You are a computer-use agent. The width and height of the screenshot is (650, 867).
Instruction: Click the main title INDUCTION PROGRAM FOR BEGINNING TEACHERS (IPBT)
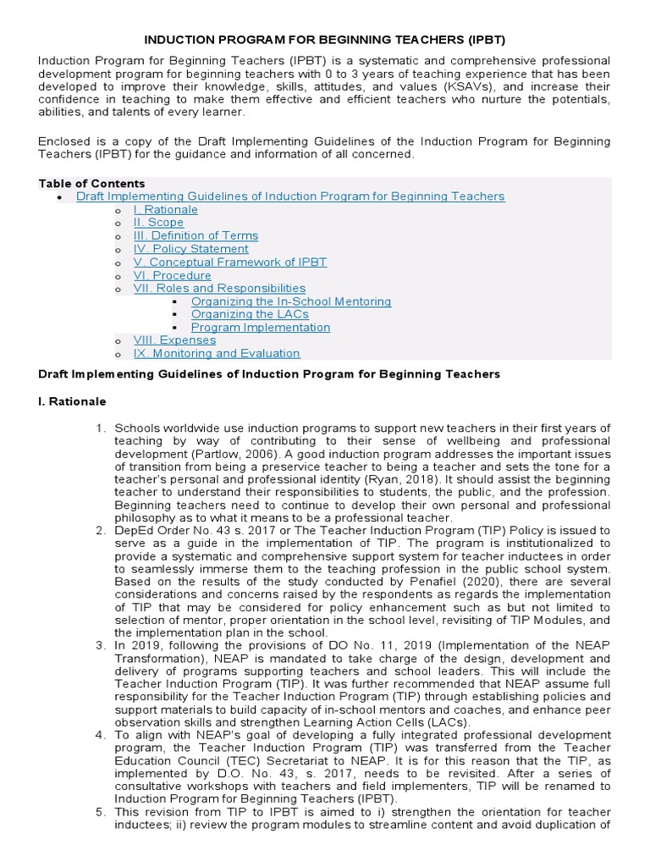325,40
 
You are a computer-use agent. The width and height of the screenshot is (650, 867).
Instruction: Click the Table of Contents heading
91,184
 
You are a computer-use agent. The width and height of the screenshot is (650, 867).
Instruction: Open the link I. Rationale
165,210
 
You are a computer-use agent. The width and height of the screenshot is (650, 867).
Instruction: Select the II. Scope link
158,223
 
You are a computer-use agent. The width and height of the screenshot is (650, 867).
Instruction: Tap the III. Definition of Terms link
196,236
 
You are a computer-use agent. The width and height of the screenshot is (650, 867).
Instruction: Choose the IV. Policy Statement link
190,249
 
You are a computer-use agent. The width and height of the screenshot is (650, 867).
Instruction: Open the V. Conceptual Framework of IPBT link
229,262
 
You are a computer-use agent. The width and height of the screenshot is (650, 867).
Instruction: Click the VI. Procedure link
172,275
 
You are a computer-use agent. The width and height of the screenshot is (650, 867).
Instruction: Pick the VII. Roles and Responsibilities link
219,289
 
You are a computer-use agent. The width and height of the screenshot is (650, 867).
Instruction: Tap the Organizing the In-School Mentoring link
290,301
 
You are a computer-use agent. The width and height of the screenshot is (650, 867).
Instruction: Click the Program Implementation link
260,328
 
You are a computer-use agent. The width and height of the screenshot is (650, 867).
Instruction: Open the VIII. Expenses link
174,340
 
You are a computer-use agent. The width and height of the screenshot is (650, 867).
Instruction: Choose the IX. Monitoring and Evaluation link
216,354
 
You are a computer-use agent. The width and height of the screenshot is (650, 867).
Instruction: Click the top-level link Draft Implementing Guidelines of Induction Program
290,196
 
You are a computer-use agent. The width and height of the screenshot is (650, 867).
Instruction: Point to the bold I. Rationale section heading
72,400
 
